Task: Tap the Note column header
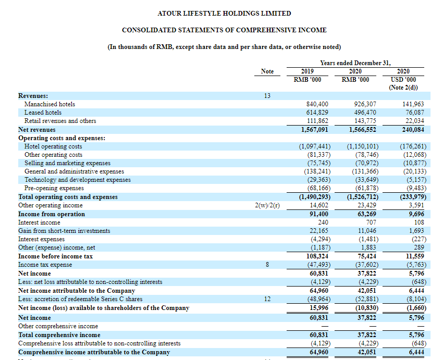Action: (x=267, y=71)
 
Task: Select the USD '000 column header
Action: (x=403, y=80)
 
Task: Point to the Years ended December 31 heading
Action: (x=355, y=63)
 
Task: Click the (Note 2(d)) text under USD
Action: (x=403, y=88)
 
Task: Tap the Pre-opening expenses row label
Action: (x=54, y=189)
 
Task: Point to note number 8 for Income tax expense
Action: (x=267, y=265)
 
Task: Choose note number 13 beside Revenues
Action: (x=267, y=96)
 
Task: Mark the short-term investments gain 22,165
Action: (x=319, y=231)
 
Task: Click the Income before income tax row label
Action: (x=55, y=256)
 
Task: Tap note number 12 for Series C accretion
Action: (x=267, y=299)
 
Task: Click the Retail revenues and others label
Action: (x=60, y=121)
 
